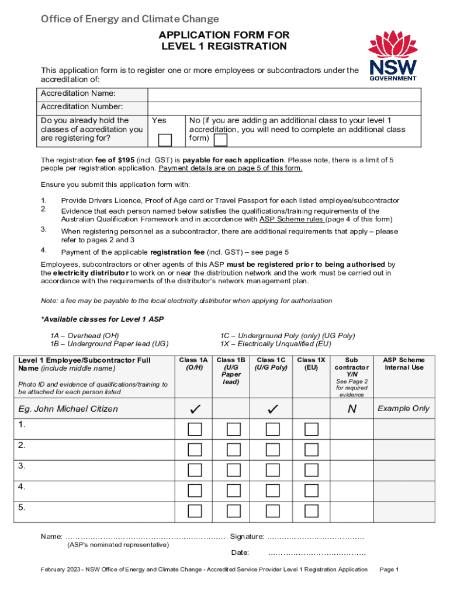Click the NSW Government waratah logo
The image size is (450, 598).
tap(393, 55)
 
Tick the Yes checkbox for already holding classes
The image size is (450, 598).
tap(165, 140)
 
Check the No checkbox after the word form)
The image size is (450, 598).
tap(220, 140)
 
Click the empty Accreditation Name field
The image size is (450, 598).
tap(284, 95)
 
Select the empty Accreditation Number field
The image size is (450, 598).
tap(284, 107)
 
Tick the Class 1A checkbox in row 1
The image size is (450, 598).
tap(195, 430)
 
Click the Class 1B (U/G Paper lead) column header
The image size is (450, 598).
tap(233, 371)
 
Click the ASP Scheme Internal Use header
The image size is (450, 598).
tap(404, 364)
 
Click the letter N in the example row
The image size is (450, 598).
tap(352, 409)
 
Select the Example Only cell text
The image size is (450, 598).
tap(404, 409)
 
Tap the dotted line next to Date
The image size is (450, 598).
tap(317, 553)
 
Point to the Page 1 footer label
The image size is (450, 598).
tap(389, 569)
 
